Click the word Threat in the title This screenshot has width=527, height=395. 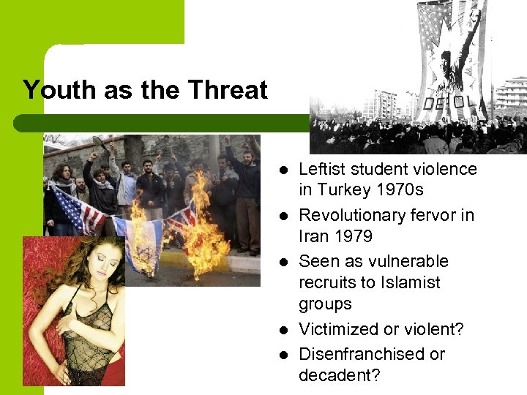pyautogui.click(x=228, y=90)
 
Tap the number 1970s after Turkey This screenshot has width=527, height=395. pyautogui.click(x=397, y=190)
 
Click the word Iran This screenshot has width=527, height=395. pyautogui.click(x=313, y=236)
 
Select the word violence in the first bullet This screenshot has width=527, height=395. pyautogui.click(x=445, y=169)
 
